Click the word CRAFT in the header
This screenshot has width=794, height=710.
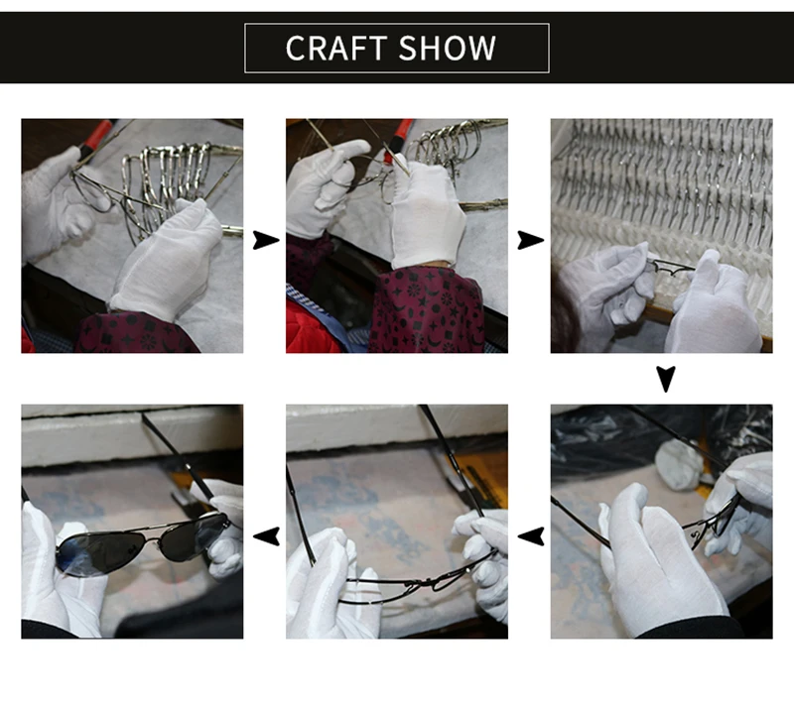point(336,48)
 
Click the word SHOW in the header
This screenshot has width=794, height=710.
point(448,48)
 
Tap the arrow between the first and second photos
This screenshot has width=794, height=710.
point(265,240)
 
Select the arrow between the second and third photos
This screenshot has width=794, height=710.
point(530,240)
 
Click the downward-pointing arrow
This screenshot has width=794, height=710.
point(665,379)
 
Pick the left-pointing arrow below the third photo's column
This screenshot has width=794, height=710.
point(531,536)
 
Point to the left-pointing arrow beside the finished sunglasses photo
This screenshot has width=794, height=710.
point(266,536)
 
